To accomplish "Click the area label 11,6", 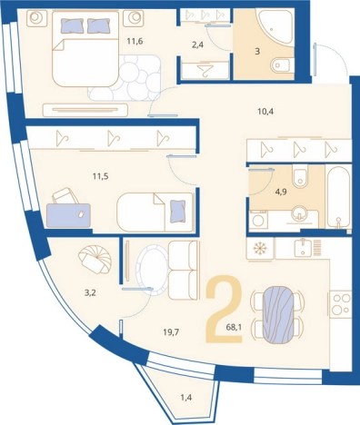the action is point(135,41).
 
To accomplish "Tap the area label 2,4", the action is point(198,45).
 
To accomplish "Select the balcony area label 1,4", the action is point(186,397).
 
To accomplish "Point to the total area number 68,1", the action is point(234,327).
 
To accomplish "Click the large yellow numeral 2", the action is point(224,309).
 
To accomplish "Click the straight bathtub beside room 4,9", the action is point(338,195).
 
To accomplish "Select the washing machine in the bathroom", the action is point(258,220).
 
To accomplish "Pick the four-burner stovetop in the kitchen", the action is point(341,304).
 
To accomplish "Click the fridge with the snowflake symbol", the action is point(260,249).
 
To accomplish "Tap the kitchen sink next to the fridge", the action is point(303,246).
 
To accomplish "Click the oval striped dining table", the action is point(277,313).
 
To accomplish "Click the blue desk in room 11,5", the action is point(68,215).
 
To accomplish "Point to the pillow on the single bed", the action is point(178,212).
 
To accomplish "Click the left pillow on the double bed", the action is point(72,25).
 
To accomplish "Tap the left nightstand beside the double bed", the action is point(37,18).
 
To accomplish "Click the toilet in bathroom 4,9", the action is point(300,177).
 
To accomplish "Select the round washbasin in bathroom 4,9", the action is point(299,212).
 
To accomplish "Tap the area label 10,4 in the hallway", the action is point(265,112).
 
